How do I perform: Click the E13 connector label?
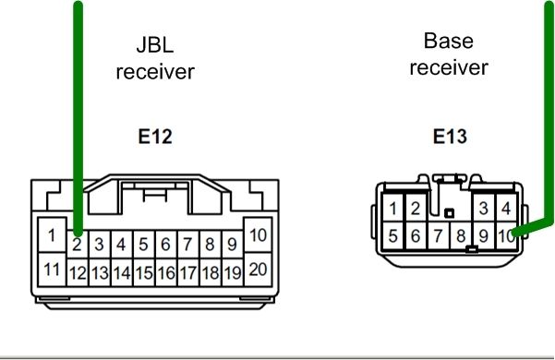click(x=450, y=138)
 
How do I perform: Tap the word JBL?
click(x=154, y=43)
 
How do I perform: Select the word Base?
click(x=448, y=41)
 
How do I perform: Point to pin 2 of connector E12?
click(x=78, y=246)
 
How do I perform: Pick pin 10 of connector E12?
click(x=258, y=235)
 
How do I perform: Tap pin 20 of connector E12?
click(x=258, y=270)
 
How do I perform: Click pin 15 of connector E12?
click(x=144, y=273)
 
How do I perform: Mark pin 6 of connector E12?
click(x=166, y=246)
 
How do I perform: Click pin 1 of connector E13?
click(x=394, y=210)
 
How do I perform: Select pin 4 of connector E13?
click(x=505, y=210)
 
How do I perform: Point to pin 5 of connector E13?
click(x=394, y=236)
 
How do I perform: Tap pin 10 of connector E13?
click(x=506, y=236)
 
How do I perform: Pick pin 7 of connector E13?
click(x=439, y=236)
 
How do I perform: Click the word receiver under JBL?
click(x=154, y=71)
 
